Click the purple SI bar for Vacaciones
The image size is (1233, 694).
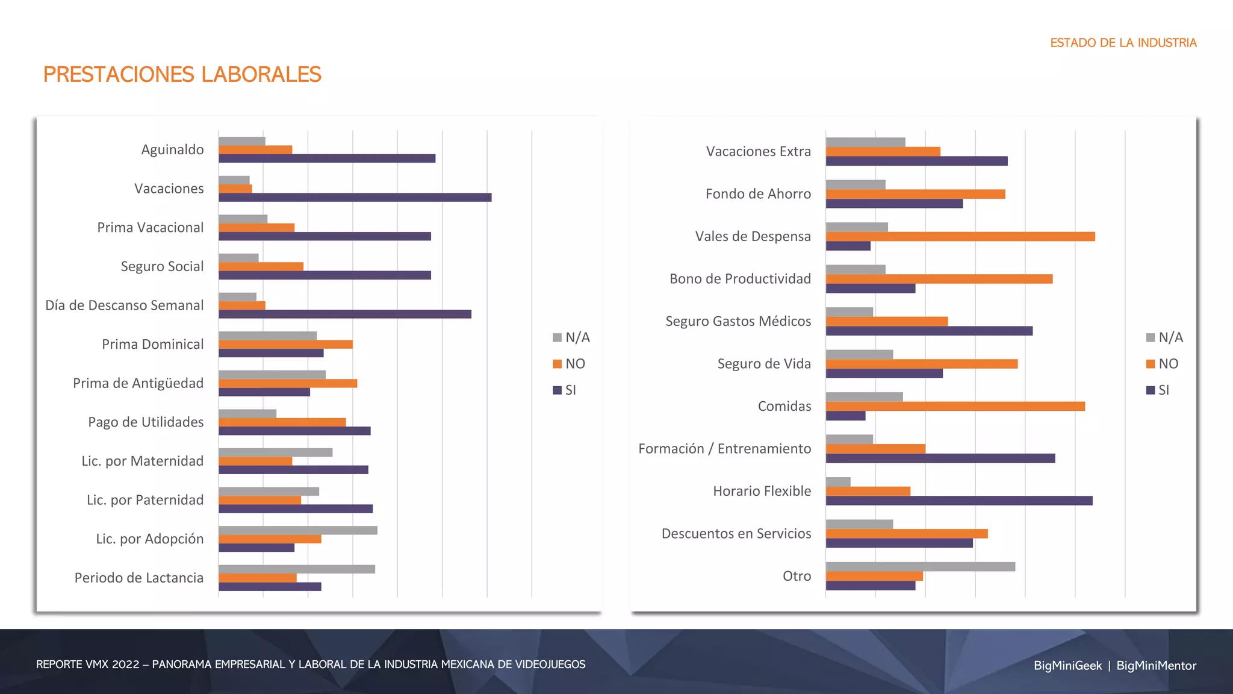coord(355,198)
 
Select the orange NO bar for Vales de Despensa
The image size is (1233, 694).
coord(960,237)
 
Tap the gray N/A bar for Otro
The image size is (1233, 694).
coord(920,567)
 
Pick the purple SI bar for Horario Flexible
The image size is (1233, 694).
coord(959,501)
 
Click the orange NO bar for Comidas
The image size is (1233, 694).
coord(955,407)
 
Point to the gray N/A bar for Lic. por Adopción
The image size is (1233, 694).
coord(298,531)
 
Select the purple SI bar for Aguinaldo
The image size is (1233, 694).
coord(327,158)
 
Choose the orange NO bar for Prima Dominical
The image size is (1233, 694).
coord(285,345)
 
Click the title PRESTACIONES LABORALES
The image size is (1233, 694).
coord(182,75)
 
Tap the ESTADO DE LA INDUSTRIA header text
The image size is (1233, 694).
coord(1123,43)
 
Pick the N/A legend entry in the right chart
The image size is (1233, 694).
coord(1164,337)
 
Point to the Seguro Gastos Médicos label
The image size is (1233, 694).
coord(738,322)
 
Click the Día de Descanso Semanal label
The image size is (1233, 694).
coord(125,305)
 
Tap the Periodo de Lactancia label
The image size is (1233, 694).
coord(139,578)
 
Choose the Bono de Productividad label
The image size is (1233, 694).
coord(740,279)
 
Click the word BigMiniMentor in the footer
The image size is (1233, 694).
coord(1156,666)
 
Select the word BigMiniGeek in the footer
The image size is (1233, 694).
coord(1067,666)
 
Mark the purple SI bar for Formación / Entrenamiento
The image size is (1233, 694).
coord(940,458)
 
